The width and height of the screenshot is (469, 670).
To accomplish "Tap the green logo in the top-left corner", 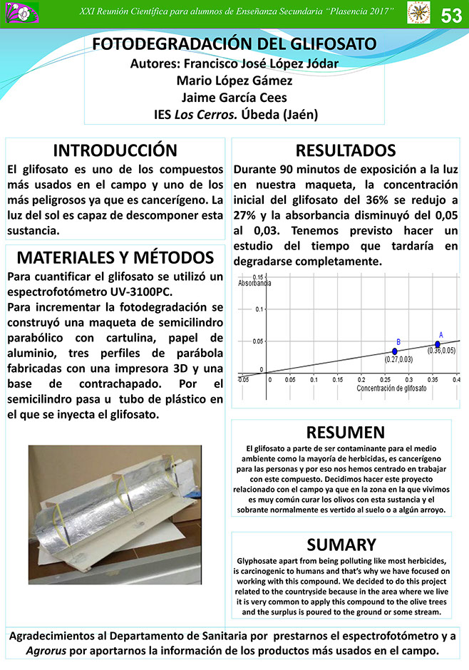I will pyautogui.click(x=15, y=11).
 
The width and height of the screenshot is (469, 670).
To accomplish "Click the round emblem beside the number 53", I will pyautogui.click(x=418, y=12).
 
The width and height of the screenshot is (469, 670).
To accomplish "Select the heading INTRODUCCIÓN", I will pyautogui.click(x=115, y=150).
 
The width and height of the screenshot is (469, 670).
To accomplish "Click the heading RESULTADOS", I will pyautogui.click(x=346, y=150).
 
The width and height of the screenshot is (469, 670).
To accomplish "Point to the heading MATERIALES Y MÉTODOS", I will pyautogui.click(x=115, y=257).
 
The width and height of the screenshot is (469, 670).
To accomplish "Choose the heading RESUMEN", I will pyautogui.click(x=345, y=433).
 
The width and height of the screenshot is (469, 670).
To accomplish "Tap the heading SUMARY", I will pyautogui.click(x=341, y=545).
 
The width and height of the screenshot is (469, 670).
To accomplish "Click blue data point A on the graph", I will pyautogui.click(x=438, y=344).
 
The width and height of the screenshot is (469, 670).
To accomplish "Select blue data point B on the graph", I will pyautogui.click(x=395, y=351).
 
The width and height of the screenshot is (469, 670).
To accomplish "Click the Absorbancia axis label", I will pyautogui.click(x=254, y=283).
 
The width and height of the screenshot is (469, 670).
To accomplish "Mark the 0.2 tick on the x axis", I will pyautogui.click(x=361, y=379).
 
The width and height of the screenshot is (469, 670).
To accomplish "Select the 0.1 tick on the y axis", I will pyautogui.click(x=259, y=309).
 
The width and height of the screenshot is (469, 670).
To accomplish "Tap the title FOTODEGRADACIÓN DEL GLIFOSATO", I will pyautogui.click(x=234, y=44).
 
